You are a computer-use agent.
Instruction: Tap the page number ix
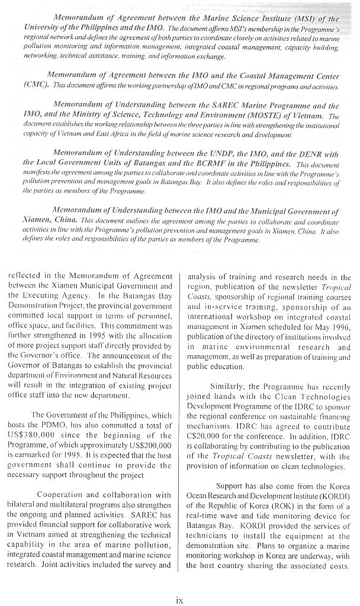(x=179, y=598)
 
